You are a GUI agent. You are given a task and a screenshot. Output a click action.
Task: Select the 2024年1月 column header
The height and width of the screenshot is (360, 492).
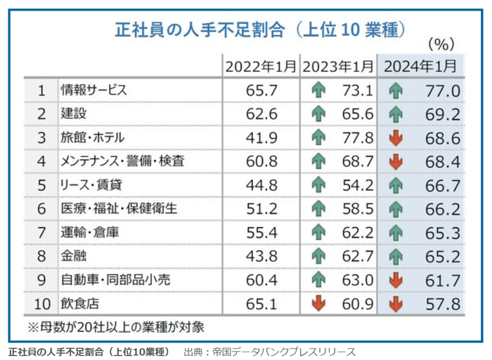[x=420, y=67]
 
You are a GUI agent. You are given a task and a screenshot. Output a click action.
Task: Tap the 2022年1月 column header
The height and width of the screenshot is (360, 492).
[x=261, y=67]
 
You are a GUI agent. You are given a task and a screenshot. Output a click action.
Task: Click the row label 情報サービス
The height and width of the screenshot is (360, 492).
[x=93, y=91]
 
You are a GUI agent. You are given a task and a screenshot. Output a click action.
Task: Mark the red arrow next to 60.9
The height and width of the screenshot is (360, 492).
[x=319, y=304]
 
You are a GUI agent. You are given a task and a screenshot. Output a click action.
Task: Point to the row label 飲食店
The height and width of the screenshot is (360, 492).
[x=77, y=304]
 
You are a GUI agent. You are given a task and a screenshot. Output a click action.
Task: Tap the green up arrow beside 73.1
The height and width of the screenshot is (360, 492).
[x=319, y=91]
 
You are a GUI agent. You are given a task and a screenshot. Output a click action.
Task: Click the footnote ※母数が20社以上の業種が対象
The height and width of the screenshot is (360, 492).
[x=116, y=327]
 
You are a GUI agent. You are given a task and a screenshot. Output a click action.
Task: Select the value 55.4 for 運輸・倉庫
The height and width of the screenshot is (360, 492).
[x=261, y=233]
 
